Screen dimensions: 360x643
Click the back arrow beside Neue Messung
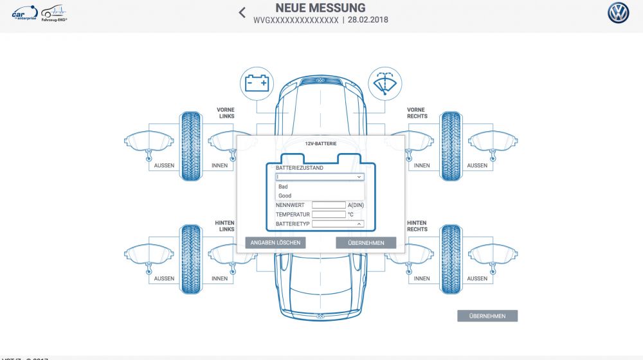click(242, 12)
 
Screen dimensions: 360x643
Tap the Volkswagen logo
click(619, 13)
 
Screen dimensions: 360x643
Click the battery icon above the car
click(257, 84)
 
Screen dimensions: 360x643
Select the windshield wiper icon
click(385, 84)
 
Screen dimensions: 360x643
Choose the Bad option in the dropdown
click(283, 186)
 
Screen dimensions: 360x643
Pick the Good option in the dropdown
click(285, 195)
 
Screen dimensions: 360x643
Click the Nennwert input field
click(329, 205)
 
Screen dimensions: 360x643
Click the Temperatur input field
click(329, 214)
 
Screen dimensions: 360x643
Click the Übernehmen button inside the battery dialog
click(366, 243)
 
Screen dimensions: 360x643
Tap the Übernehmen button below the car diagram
click(487, 316)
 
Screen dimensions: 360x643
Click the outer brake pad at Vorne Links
click(149, 142)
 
